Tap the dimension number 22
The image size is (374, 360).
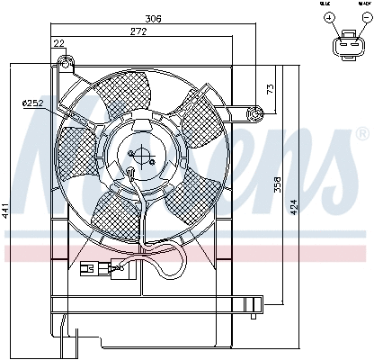pos(58,44)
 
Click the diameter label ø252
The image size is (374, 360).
pos(32,105)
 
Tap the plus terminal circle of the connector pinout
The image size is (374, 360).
pos(329,18)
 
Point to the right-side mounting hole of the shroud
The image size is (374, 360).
pos(256,112)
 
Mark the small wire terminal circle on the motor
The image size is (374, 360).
pos(132,175)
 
